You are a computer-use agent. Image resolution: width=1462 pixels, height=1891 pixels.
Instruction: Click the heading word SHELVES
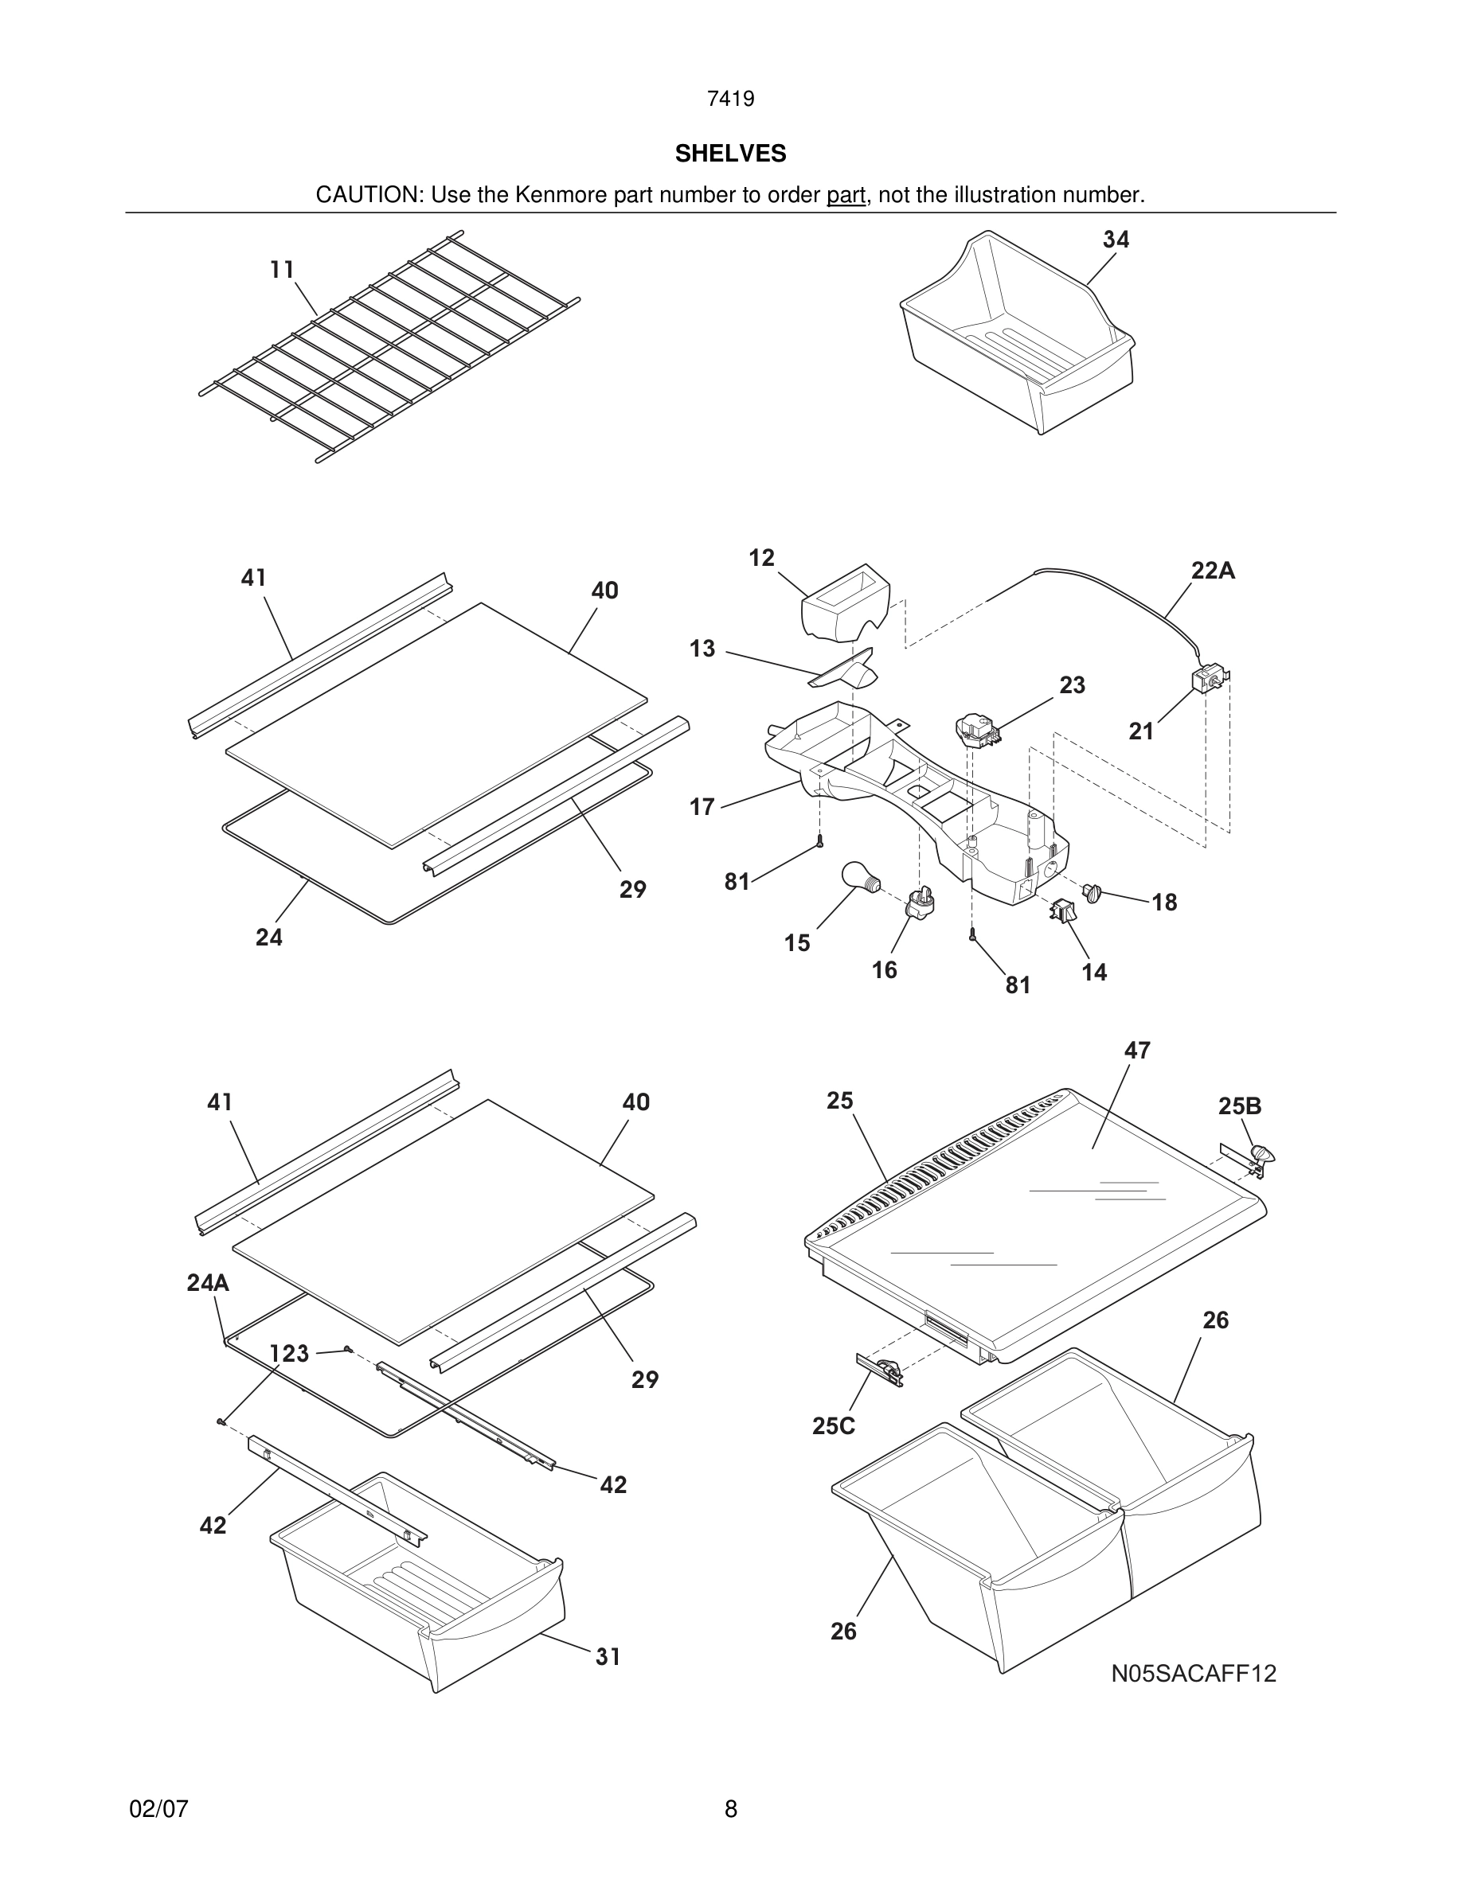(730, 154)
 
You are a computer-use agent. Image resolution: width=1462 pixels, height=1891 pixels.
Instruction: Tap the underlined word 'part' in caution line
(846, 195)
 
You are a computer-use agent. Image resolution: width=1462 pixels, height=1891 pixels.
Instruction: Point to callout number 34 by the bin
(1116, 240)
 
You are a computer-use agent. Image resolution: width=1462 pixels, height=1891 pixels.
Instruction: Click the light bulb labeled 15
(860, 877)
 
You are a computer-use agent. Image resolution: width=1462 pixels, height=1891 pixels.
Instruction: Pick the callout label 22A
(1213, 571)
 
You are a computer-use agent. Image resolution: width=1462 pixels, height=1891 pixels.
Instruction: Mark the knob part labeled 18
(1090, 892)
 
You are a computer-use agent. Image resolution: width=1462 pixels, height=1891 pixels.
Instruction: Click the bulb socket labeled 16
(921, 904)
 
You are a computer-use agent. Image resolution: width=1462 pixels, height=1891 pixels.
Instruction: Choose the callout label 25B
(1239, 1105)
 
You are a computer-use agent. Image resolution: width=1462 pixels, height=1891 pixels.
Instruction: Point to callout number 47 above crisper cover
(1136, 1051)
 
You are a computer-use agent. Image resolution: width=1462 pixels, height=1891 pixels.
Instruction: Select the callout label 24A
(208, 1282)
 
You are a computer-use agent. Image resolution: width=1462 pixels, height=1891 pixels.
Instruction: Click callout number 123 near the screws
(288, 1352)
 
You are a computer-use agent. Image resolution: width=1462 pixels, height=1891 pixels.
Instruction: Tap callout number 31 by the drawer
(608, 1655)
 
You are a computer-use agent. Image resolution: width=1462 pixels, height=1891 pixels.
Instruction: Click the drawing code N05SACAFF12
(1194, 1673)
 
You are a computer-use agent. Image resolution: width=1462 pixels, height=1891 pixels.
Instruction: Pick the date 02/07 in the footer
(158, 1809)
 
